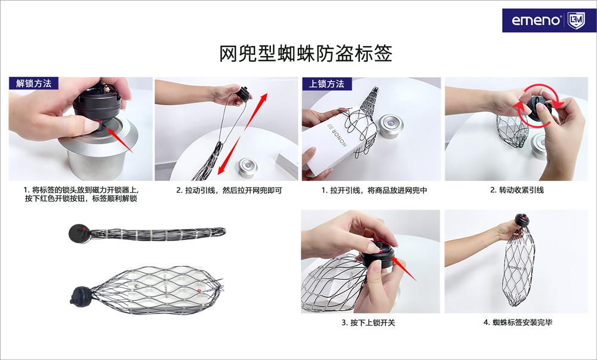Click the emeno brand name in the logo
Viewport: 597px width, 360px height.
[537, 20]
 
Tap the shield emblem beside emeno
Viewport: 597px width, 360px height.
[576, 20]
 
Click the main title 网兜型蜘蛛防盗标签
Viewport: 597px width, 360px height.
[306, 53]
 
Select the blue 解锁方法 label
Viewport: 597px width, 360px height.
[33, 84]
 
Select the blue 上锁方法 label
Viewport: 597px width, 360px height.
[327, 84]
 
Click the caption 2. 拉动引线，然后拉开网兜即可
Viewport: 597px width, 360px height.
[229, 190]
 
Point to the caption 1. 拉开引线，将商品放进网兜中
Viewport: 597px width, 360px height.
[374, 190]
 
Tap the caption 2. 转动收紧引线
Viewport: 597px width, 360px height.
[516, 190]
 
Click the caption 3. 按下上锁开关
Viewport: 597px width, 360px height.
[368, 323]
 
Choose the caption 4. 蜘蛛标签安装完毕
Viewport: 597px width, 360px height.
[518, 322]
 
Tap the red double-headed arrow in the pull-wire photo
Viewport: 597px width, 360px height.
[242, 133]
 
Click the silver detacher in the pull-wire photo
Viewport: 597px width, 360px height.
[248, 168]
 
